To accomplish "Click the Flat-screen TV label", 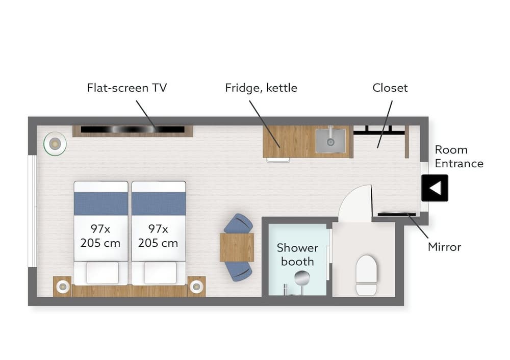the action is (127, 88).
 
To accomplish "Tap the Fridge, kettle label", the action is (261, 88).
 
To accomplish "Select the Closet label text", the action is (390, 88).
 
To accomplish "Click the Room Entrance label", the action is (459, 157).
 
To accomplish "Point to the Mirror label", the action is (444, 247).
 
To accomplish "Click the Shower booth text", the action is (297, 254).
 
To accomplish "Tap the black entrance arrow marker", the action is (435, 188).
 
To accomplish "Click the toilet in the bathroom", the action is (367, 275).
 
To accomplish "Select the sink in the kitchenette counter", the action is (330, 140).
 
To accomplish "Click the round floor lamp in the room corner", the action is (55, 143).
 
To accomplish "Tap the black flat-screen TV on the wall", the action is (133, 130).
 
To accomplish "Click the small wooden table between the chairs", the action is (237, 247).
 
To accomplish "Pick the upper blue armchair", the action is (238, 223).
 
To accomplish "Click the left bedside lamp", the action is (62, 287).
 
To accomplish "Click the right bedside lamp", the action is (196, 287).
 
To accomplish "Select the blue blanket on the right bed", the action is (159, 203).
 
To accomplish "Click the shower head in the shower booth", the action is (302, 278).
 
